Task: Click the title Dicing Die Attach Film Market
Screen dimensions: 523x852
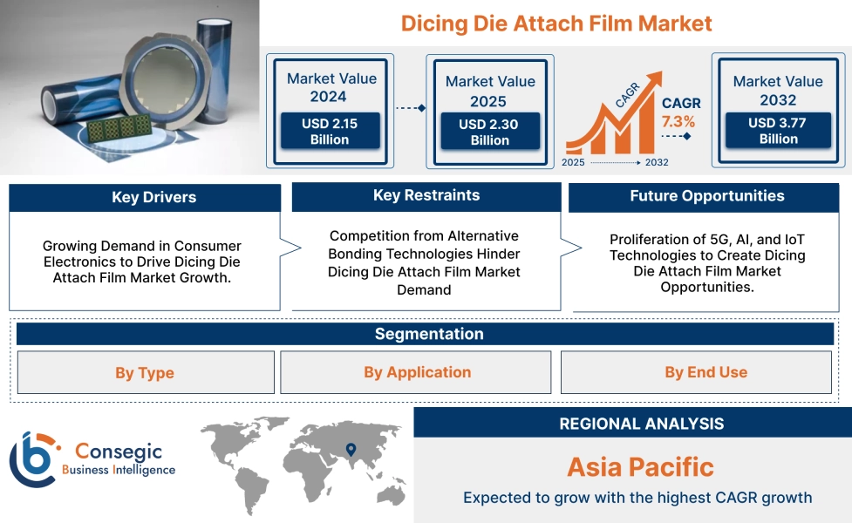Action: pos(556,24)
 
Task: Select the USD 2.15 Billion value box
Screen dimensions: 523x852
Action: pos(330,131)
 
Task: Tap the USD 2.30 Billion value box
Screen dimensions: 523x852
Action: pos(489,132)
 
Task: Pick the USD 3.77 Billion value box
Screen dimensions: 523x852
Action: pos(778,131)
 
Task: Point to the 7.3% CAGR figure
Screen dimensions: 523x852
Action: pos(678,121)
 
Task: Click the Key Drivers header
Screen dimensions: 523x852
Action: pos(145,197)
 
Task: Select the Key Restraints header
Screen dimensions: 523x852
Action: pos(426,195)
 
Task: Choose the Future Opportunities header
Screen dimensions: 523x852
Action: pos(706,196)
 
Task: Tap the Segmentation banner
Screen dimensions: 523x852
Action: pos(428,334)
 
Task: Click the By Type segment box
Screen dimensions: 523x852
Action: pos(145,373)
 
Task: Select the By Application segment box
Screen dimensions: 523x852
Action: pos(417,372)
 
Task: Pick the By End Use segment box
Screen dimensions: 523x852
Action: pos(705,372)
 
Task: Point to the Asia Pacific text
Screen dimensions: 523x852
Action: pos(640,466)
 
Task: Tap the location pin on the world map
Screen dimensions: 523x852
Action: pos(351,450)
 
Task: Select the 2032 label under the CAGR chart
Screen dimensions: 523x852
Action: pos(657,162)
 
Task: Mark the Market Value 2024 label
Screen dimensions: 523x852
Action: pos(331,87)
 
